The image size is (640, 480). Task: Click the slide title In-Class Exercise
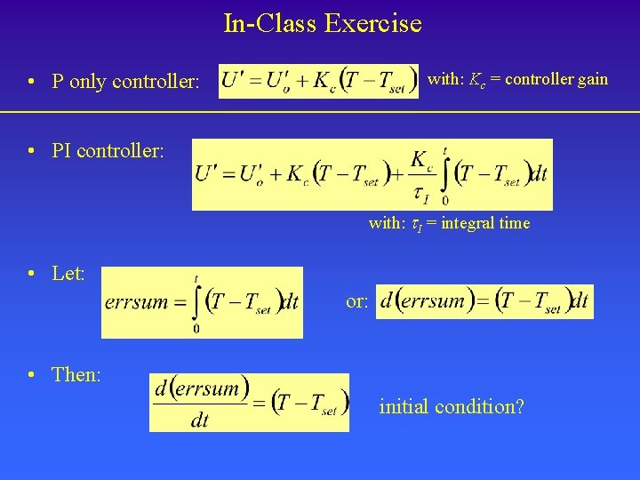(x=322, y=23)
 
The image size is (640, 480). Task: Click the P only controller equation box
(x=318, y=81)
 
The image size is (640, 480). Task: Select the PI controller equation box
(x=372, y=174)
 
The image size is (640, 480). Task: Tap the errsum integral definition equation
(x=202, y=302)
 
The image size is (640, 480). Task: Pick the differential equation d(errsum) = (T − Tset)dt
(x=484, y=301)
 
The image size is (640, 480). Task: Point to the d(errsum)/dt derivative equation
(x=249, y=403)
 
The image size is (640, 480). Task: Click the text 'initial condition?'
(x=452, y=407)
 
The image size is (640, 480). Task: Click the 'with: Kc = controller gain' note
(x=517, y=79)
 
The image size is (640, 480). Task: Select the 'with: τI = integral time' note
(x=449, y=223)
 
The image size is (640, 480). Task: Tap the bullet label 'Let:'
(x=68, y=274)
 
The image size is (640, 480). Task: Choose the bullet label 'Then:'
(x=76, y=375)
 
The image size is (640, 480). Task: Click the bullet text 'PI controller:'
(x=108, y=151)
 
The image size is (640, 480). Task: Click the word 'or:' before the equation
(x=357, y=301)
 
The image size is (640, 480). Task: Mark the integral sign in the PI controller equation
(x=444, y=174)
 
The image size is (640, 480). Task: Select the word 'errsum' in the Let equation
(x=136, y=302)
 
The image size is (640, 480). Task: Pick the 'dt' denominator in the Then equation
(x=199, y=420)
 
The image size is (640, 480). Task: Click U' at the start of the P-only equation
(x=233, y=81)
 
